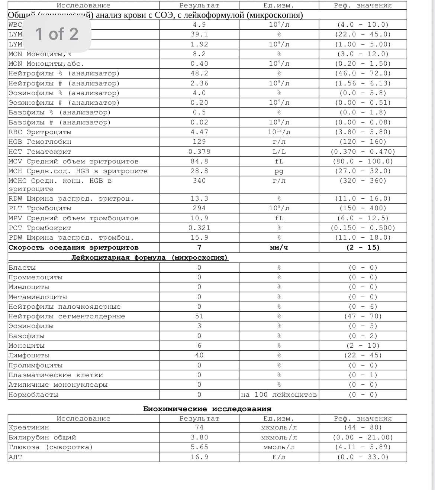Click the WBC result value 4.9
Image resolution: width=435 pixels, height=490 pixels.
coord(199,25)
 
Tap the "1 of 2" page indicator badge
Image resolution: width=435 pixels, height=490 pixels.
coord(57,34)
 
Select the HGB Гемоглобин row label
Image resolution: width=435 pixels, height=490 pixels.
coord(40,142)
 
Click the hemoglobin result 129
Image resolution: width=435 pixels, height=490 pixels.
coord(199,142)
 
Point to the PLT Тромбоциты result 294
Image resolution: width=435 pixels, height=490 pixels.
coord(199,208)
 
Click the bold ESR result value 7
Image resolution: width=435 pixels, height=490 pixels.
coord(199,247)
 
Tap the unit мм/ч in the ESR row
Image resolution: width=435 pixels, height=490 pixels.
coord(279,247)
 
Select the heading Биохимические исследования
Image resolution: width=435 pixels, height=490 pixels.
coord(207,409)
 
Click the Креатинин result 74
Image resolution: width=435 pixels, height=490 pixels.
coord(199,428)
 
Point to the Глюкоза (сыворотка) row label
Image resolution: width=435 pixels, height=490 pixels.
coord(51,447)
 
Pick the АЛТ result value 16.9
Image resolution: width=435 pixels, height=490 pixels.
coord(199,457)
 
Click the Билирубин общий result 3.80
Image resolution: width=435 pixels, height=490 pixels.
coord(199,437)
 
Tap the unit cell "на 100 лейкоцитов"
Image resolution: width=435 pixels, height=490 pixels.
coord(279,395)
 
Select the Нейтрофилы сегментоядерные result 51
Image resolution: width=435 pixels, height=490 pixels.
coord(199,316)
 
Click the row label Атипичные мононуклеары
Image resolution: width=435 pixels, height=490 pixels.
coord(58,384)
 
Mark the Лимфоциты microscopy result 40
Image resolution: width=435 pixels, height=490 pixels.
coord(199,355)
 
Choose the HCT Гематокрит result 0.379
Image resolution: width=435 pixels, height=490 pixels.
coord(199,152)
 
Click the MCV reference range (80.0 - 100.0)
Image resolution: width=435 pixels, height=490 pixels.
coord(363,161)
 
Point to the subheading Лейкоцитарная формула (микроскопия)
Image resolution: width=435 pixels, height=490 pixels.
coord(150,257)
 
